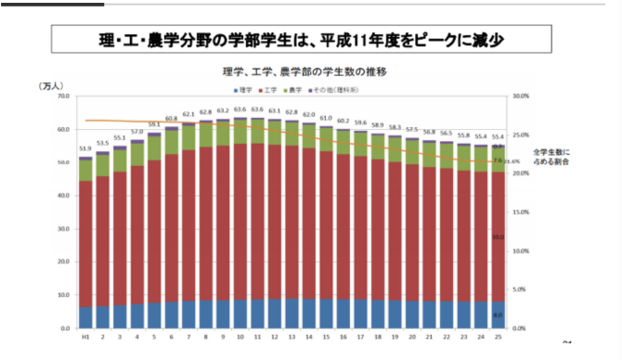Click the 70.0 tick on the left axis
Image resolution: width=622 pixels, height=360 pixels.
tap(63, 96)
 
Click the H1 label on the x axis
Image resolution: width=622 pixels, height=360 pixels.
tap(85, 339)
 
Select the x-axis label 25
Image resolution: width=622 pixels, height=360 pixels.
tap(499, 339)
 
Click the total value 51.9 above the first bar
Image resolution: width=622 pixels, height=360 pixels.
tap(85, 148)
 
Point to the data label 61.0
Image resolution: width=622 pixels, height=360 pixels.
tap(326, 119)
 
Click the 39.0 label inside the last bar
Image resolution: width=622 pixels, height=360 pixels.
tap(499, 238)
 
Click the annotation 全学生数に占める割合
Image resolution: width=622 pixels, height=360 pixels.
tap(551, 156)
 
